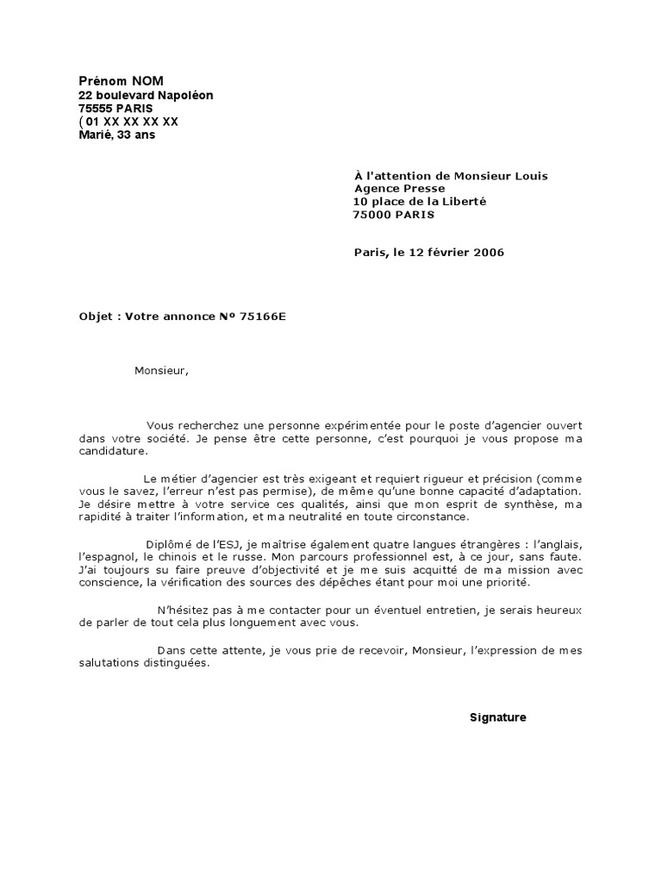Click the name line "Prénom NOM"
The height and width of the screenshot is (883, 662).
[x=121, y=80]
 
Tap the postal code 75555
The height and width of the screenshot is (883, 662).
[x=96, y=109]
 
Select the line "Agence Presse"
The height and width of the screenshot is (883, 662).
[x=400, y=189]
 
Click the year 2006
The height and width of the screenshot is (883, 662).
[x=489, y=253]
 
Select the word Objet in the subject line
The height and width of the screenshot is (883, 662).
[x=97, y=316]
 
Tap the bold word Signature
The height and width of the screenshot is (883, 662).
[x=497, y=717]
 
